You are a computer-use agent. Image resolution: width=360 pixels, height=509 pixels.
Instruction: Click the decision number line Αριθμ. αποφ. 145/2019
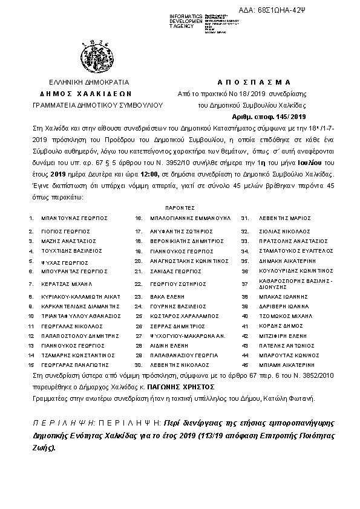270,116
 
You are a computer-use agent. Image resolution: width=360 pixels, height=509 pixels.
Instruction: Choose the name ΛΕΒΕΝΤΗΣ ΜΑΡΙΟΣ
278,217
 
